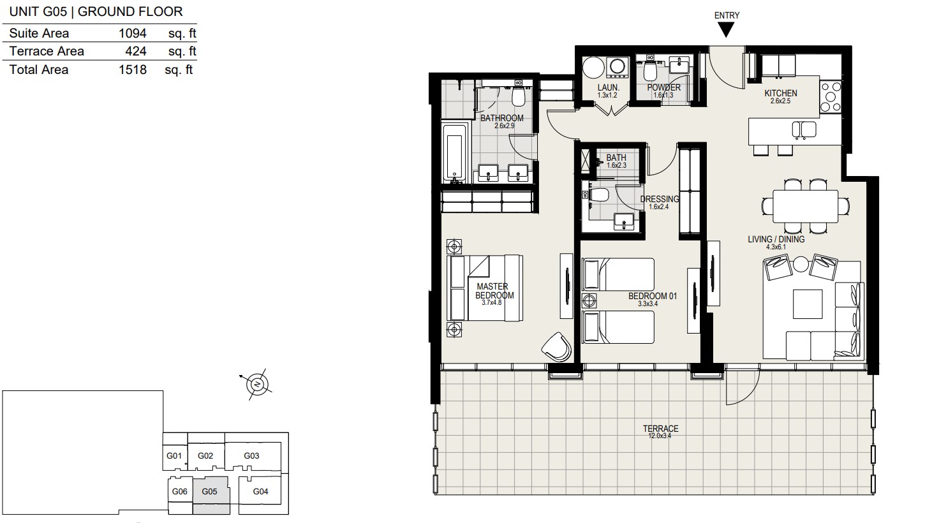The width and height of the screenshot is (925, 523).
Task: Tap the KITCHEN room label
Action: (x=780, y=93)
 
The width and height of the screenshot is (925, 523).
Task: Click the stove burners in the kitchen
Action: (x=831, y=97)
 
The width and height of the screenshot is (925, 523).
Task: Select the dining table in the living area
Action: (x=805, y=207)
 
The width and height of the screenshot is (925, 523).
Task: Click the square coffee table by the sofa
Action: (x=808, y=304)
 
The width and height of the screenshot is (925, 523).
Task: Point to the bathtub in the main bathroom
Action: (x=455, y=152)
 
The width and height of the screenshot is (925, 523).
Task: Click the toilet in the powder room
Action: (x=649, y=71)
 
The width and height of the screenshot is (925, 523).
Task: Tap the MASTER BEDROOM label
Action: (x=494, y=291)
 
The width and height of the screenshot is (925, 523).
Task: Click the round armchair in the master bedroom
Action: (x=557, y=346)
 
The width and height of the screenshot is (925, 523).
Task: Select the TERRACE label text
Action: (x=660, y=429)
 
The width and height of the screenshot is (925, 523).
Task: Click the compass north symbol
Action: (x=257, y=385)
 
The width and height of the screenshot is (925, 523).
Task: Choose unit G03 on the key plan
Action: (x=251, y=456)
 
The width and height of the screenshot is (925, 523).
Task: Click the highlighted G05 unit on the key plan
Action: (x=211, y=496)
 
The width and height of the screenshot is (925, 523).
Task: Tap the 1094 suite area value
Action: (x=133, y=33)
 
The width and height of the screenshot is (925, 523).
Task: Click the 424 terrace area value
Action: (x=136, y=51)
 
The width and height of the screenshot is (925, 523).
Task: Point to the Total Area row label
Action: (x=39, y=70)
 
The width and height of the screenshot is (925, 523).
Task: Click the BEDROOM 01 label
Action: (x=653, y=296)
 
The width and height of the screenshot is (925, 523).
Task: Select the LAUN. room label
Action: (x=609, y=87)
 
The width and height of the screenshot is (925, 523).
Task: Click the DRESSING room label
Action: (x=660, y=199)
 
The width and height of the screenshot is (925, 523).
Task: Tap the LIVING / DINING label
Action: (x=776, y=239)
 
